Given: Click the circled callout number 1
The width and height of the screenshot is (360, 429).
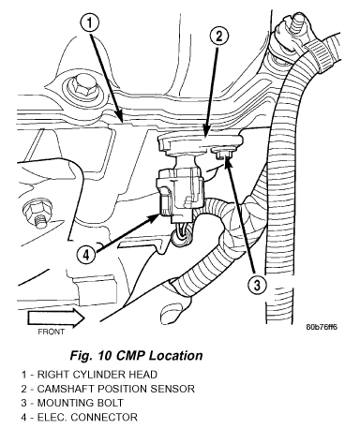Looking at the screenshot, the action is (x=90, y=23).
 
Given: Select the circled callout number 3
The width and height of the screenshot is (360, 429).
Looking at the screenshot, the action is (x=257, y=285).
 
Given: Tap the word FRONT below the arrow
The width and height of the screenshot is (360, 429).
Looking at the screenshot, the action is (x=52, y=332).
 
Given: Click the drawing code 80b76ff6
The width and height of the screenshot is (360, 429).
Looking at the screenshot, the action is (x=322, y=327).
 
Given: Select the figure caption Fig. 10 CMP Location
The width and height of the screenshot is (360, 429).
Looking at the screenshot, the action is (x=136, y=356).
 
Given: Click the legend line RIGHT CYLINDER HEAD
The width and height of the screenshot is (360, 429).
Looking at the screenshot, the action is (x=89, y=375).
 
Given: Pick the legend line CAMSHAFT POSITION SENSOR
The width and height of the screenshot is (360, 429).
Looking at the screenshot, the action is (x=108, y=389).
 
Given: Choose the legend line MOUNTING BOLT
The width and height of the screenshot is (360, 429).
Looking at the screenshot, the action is (x=72, y=403).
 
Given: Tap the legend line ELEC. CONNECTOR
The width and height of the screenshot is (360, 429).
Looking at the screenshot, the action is (x=79, y=418).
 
